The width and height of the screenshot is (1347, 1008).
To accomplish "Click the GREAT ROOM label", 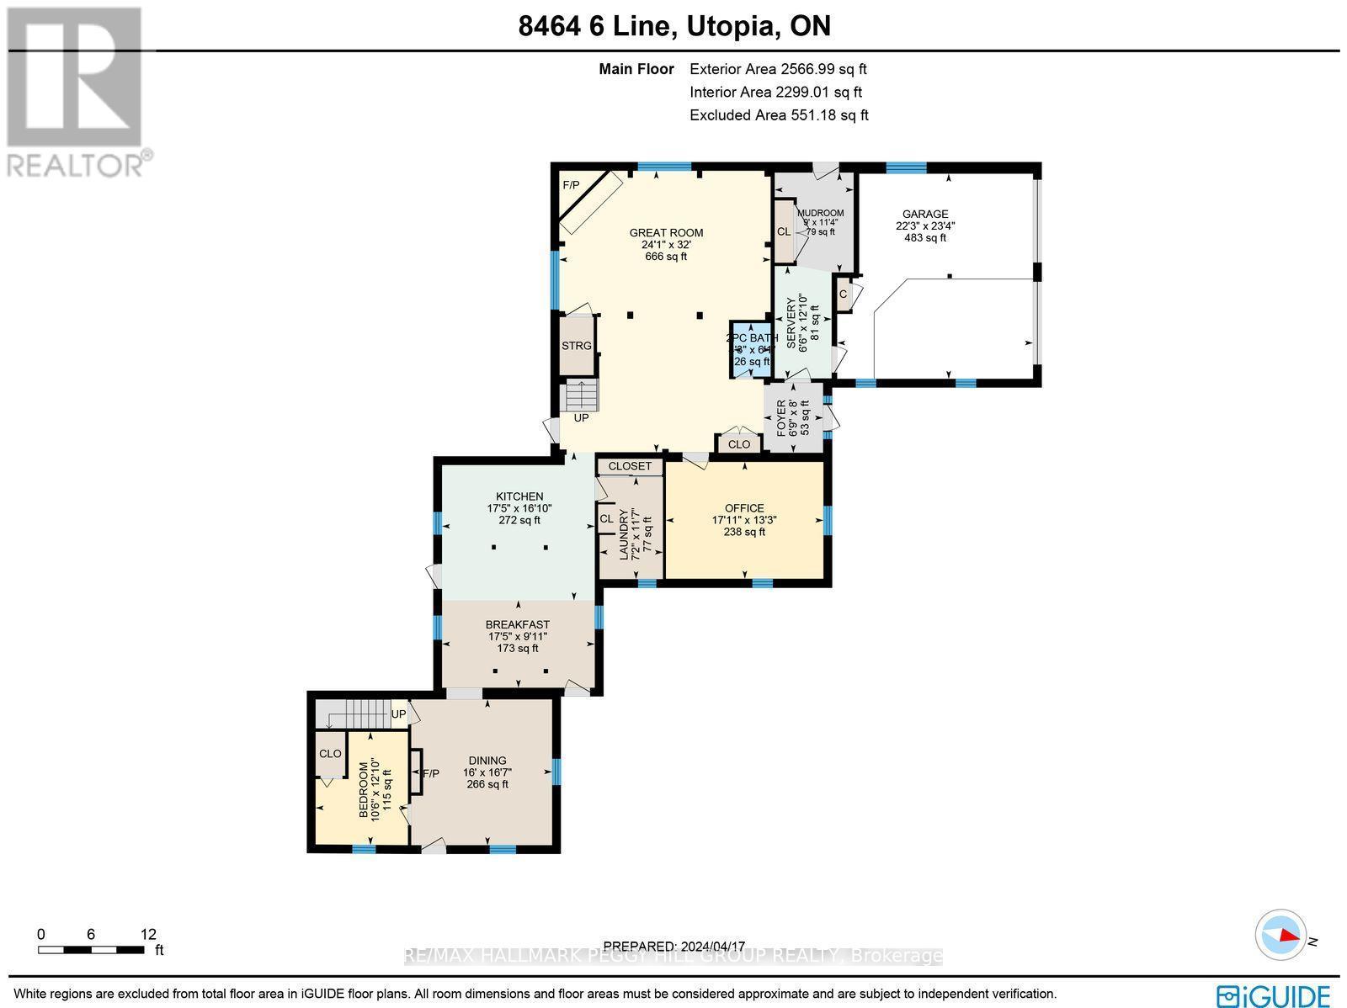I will click(666, 233).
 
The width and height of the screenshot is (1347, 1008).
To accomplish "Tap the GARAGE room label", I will click(925, 215).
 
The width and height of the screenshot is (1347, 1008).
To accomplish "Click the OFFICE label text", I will click(744, 508).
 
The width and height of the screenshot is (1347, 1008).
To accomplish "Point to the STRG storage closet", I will click(577, 346).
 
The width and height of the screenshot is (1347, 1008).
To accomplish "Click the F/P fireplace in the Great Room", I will click(572, 185).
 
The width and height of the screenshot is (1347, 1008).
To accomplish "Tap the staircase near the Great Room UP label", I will click(579, 395).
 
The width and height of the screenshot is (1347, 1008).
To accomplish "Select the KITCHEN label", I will click(519, 496).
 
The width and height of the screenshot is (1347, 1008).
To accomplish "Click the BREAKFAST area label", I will click(517, 624).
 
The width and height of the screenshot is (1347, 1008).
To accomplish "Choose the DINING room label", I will click(487, 761).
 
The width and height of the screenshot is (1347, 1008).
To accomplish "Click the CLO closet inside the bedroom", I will click(330, 754).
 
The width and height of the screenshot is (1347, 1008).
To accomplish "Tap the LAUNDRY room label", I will click(624, 535).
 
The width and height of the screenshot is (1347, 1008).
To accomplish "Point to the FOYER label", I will click(781, 417).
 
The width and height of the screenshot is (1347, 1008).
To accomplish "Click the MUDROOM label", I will click(820, 213).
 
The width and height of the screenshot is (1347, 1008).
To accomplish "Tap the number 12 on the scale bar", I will click(148, 934).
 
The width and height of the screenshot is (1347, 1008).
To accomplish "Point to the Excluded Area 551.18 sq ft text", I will click(778, 115).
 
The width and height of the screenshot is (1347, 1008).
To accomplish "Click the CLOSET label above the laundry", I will click(630, 466).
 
